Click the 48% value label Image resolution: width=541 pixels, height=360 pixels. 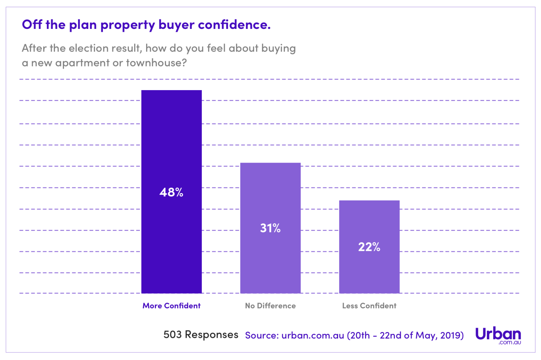pos(171,192)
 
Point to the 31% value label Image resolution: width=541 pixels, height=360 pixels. pos(270,228)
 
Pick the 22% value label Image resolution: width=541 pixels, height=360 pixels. pos(369,247)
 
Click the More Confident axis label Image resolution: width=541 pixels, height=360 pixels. pos(171,306)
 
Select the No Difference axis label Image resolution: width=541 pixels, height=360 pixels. pos(270,306)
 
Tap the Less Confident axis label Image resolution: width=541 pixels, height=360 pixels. pos(369,306)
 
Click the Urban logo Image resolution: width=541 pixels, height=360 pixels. pos(498,335)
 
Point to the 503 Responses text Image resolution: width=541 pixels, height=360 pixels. pos(201,334)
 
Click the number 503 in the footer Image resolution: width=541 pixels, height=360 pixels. pos(172,334)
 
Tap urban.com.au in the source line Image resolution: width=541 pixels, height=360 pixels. pos(313,335)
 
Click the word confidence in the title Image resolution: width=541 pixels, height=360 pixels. pos(234,25)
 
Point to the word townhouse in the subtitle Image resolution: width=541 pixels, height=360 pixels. pos(156,63)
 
